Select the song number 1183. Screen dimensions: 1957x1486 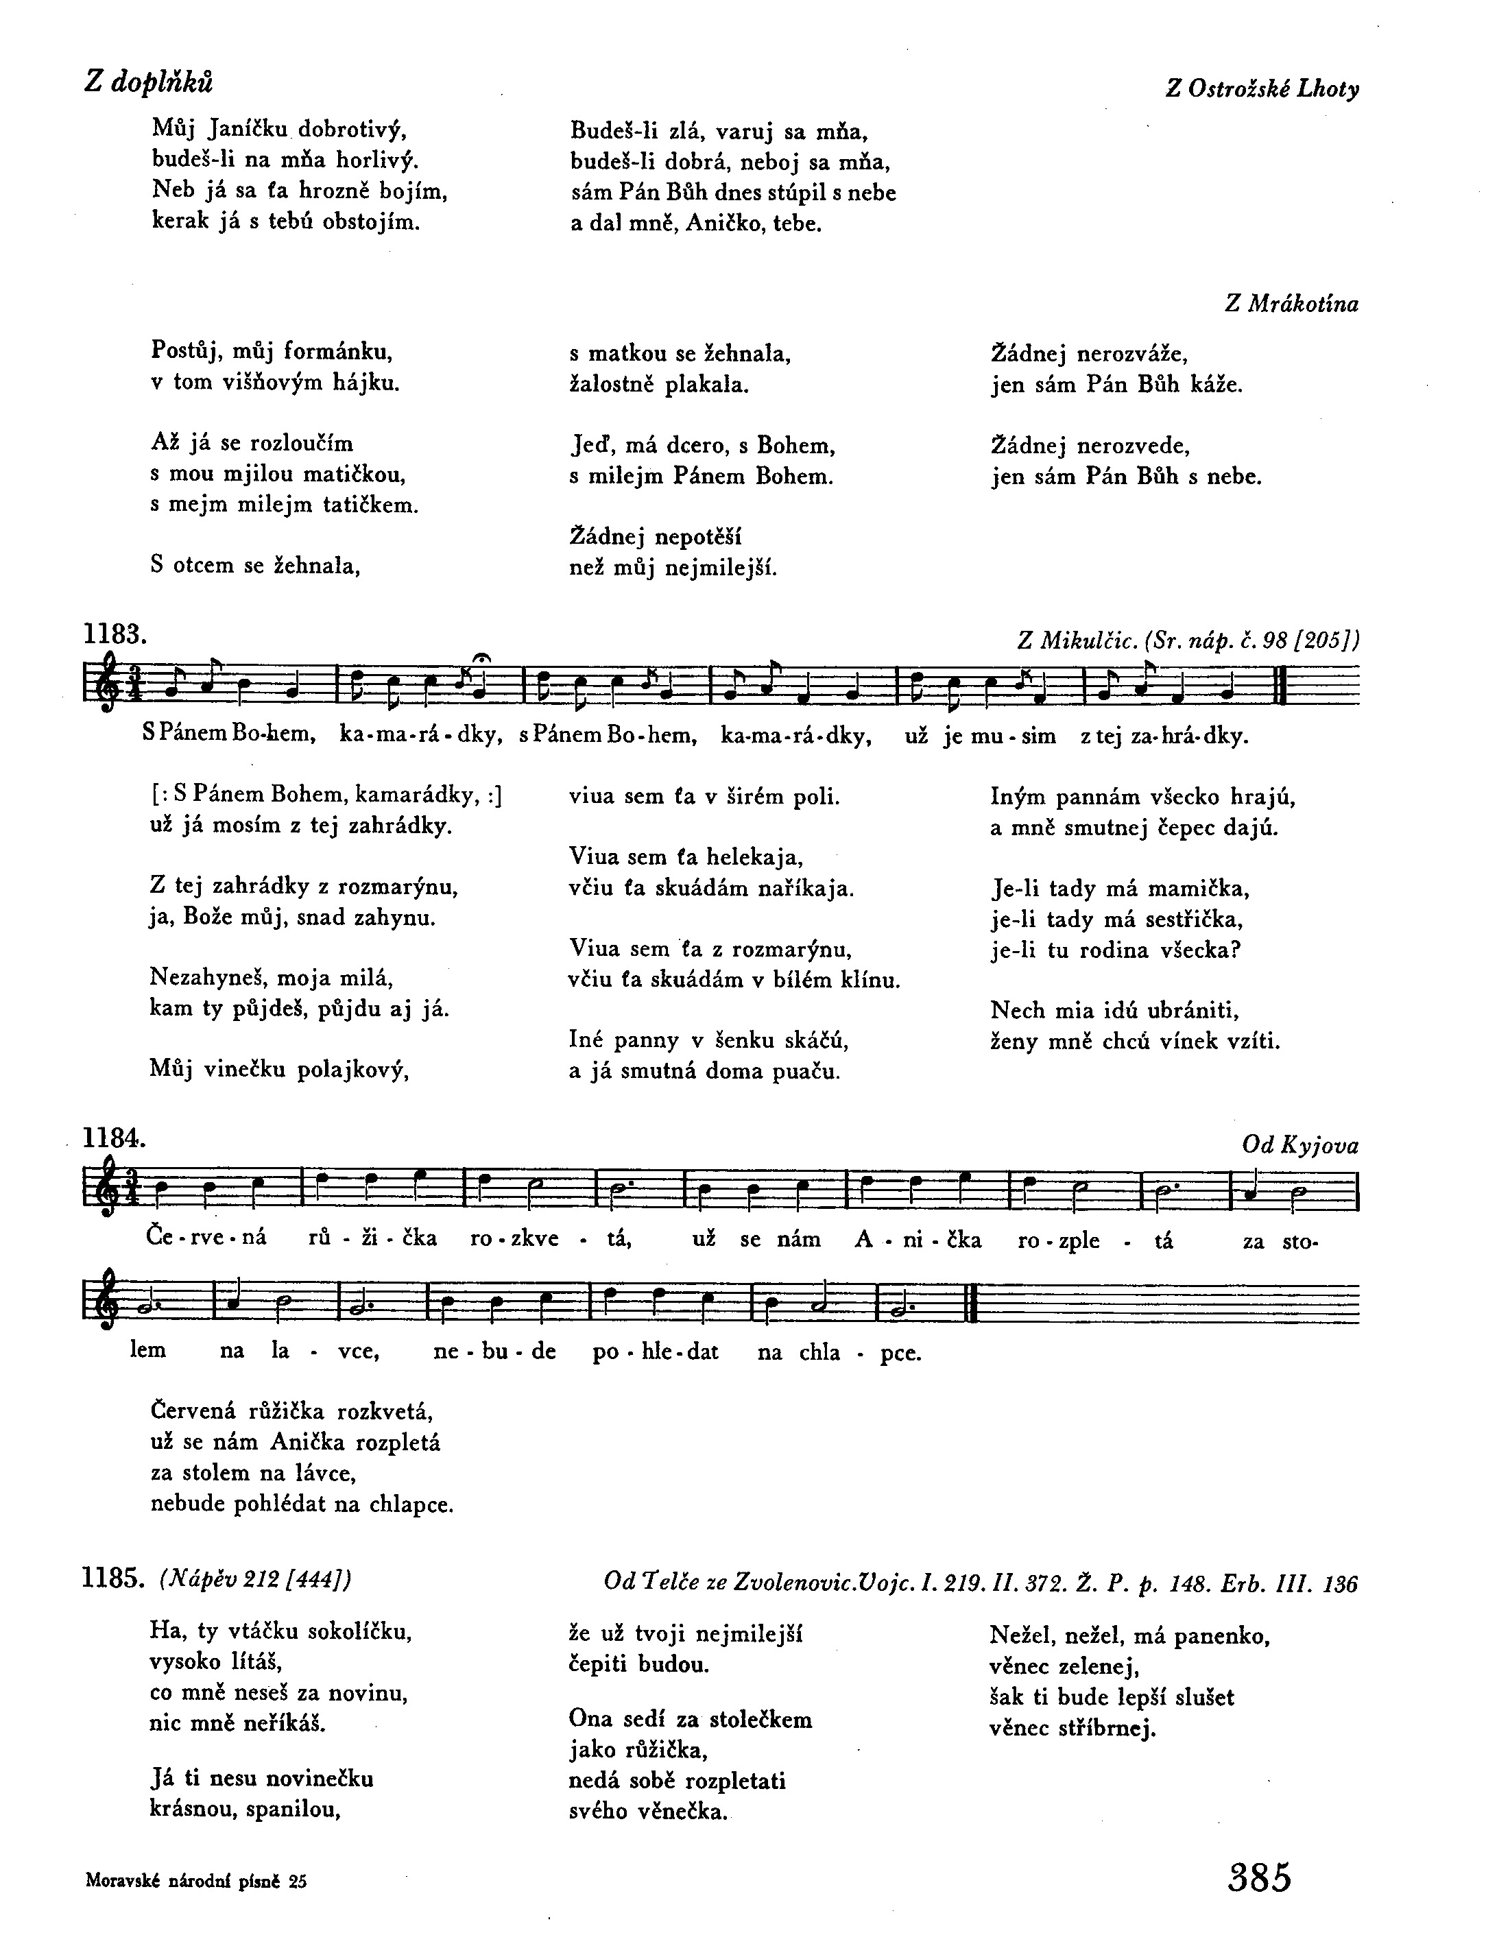[x=113, y=634]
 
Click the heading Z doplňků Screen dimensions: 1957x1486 [x=149, y=82]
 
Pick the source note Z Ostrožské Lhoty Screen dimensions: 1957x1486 [x=1262, y=89]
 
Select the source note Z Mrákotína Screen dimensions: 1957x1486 [x=1291, y=304]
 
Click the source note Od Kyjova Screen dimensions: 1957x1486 [x=1300, y=1146]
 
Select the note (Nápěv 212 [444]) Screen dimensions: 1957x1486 [x=256, y=1579]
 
